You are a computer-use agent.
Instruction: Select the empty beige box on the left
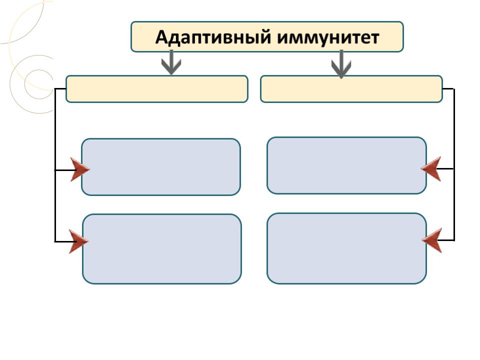[x=156, y=89]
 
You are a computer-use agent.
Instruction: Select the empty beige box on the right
[x=351, y=89]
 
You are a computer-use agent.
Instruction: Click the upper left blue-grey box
[x=160, y=167]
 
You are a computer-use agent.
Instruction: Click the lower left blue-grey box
[x=161, y=249]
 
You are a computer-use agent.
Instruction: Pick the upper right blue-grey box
[x=346, y=165]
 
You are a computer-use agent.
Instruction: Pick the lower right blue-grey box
[x=346, y=248]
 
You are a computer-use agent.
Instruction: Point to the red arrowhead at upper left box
[x=79, y=169]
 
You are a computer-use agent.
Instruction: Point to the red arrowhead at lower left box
[x=78, y=241]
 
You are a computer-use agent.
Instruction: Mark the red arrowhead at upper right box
[x=431, y=168]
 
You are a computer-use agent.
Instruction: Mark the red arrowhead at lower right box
[x=432, y=240]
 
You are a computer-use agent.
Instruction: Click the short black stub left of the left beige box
[x=60, y=89]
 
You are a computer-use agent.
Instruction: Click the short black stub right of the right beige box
[x=448, y=89]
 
